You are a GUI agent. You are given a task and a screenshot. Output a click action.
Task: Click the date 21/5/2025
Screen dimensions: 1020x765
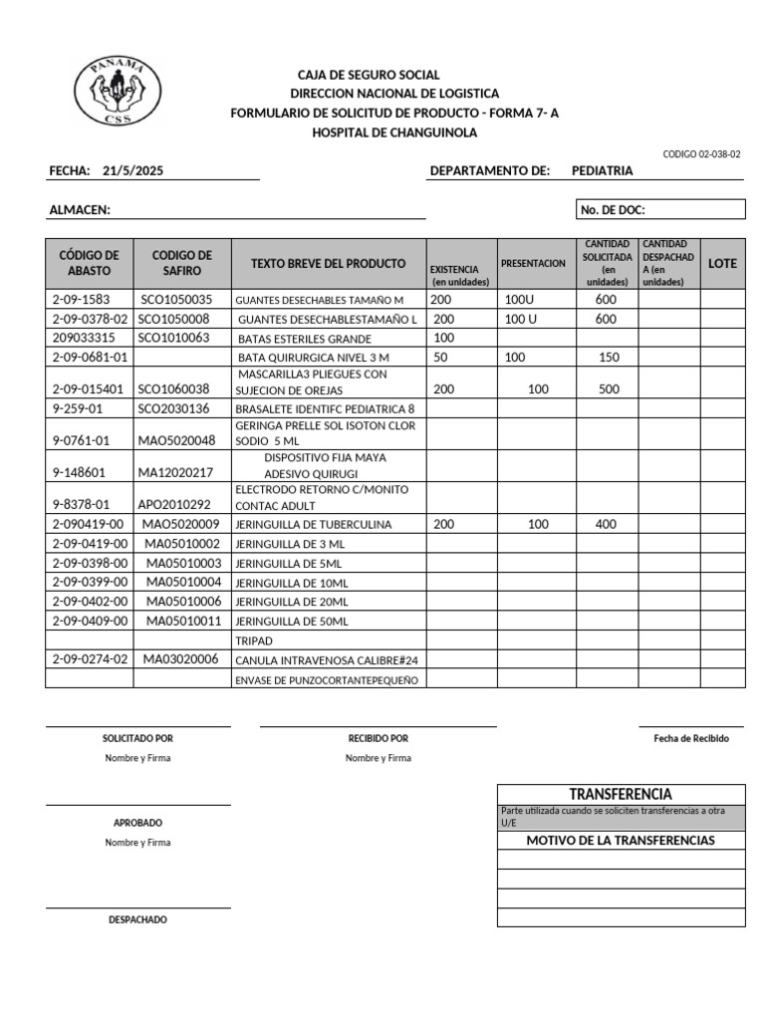coord(132,171)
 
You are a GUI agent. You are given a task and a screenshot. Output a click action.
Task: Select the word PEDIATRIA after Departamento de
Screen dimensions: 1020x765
coord(602,171)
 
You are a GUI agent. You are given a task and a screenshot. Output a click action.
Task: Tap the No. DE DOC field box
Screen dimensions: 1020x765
coord(659,210)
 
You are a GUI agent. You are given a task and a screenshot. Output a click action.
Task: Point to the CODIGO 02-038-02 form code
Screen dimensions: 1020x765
coord(701,154)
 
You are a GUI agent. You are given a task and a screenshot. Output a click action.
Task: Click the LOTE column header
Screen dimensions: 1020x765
coord(722,264)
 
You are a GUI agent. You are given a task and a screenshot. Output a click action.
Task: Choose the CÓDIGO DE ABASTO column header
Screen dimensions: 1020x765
coord(90,263)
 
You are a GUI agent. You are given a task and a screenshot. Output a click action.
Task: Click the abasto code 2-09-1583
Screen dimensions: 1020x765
coord(81,300)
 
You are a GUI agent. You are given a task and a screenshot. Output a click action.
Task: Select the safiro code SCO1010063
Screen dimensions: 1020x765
coord(174,338)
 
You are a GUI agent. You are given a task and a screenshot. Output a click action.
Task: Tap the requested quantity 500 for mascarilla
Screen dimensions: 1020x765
coord(610,389)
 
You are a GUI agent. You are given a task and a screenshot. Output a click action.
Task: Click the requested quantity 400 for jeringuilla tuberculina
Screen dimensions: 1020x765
coord(606,524)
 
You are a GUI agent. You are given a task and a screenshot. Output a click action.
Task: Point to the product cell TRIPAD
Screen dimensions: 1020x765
coord(254,641)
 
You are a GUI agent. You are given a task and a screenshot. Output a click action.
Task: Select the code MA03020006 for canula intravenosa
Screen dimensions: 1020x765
coord(181,659)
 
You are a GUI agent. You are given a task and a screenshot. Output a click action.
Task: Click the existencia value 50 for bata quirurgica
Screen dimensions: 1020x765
coord(441,357)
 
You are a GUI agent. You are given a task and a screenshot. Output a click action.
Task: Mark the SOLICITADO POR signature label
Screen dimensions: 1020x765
coord(137,739)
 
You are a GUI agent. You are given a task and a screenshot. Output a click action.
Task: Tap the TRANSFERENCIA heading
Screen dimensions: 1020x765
coord(621,794)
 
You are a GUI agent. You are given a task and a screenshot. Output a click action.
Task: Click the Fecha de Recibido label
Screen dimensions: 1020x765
coord(691,739)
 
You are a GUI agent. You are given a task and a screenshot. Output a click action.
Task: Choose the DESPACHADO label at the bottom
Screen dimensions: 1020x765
coord(137,920)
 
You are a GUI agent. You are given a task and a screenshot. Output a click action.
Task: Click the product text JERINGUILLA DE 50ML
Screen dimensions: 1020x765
coord(292,622)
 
